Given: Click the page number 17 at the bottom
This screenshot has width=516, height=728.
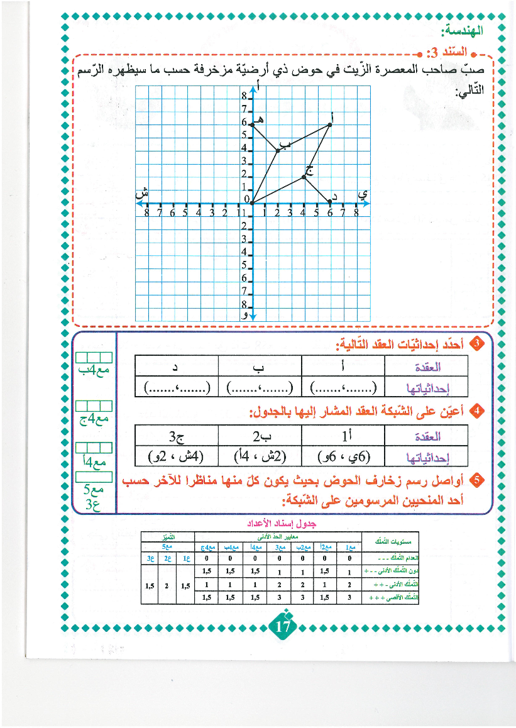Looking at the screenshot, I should (x=283, y=627).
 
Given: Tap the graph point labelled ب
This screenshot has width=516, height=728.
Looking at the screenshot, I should (x=277, y=150).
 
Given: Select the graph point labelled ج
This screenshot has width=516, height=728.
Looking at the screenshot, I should (x=304, y=177).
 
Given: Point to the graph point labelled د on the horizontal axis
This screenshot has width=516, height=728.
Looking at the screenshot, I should (x=330, y=202).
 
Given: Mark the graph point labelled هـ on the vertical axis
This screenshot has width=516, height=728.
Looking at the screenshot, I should (x=251, y=124).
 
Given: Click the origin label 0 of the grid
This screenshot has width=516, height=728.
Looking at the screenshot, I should (x=246, y=199).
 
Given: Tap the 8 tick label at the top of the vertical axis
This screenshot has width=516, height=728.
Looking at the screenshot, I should (x=244, y=97).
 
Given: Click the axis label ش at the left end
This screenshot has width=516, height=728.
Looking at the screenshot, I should (x=143, y=194).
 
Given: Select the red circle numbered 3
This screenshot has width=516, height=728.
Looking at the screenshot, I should (x=477, y=344).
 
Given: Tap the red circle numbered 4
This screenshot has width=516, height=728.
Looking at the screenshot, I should (x=477, y=412).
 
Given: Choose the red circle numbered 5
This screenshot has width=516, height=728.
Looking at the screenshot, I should (x=477, y=480).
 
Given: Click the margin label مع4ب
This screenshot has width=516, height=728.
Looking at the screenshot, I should (x=94, y=370).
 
